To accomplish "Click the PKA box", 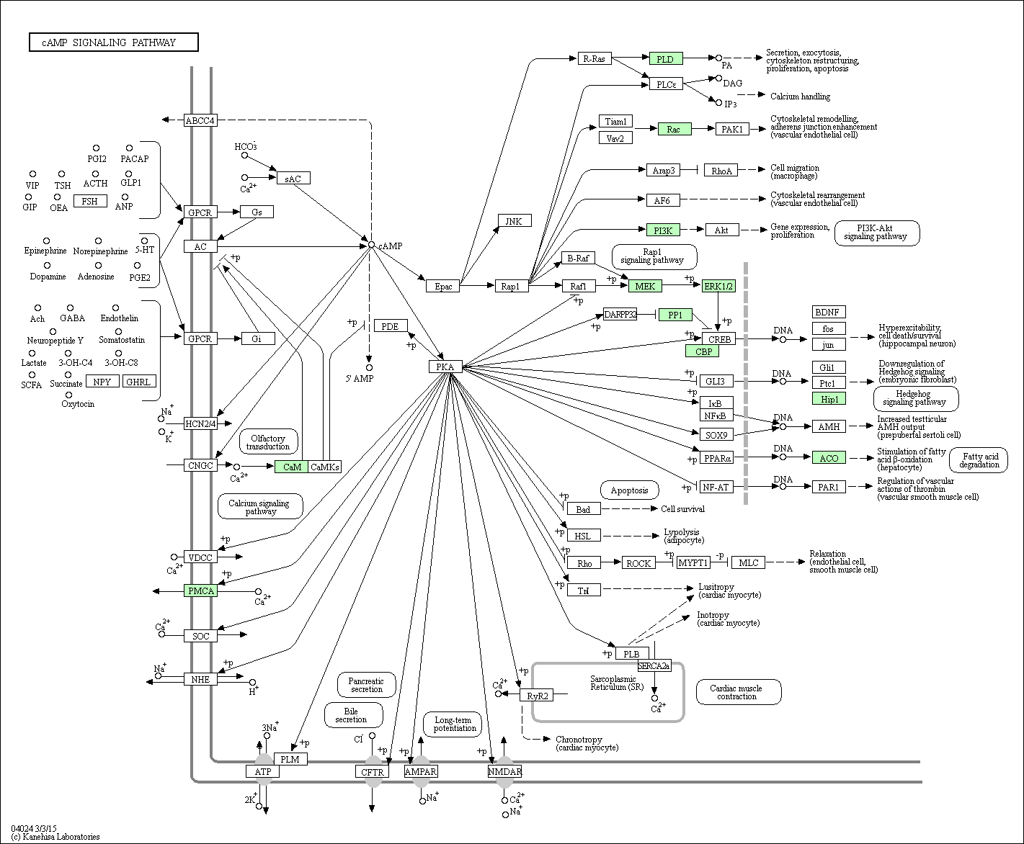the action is click(x=445, y=367).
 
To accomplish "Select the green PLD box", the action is click(x=666, y=59).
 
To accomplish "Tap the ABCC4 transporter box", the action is click(x=200, y=120).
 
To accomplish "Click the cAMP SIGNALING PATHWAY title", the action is click(x=114, y=42).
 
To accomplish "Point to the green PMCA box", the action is click(x=200, y=591).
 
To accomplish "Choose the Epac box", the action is click(x=443, y=286).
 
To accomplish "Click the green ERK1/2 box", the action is click(x=718, y=286).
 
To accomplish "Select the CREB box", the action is click(x=719, y=338).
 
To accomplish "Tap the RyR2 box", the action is click(x=537, y=695).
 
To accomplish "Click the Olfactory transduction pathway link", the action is click(x=268, y=441).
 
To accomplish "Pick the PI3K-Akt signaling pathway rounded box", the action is click(x=877, y=233).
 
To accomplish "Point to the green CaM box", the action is click(x=291, y=467).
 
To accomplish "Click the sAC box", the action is click(x=293, y=179).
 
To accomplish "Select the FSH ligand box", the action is click(x=90, y=201).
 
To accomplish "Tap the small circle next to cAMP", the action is click(x=371, y=244).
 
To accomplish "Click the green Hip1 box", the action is click(x=829, y=399).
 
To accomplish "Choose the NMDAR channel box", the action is click(x=504, y=771).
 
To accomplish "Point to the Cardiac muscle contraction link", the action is click(x=739, y=692).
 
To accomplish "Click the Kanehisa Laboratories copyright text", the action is click(x=55, y=837).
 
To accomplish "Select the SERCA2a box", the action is click(x=654, y=665).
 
